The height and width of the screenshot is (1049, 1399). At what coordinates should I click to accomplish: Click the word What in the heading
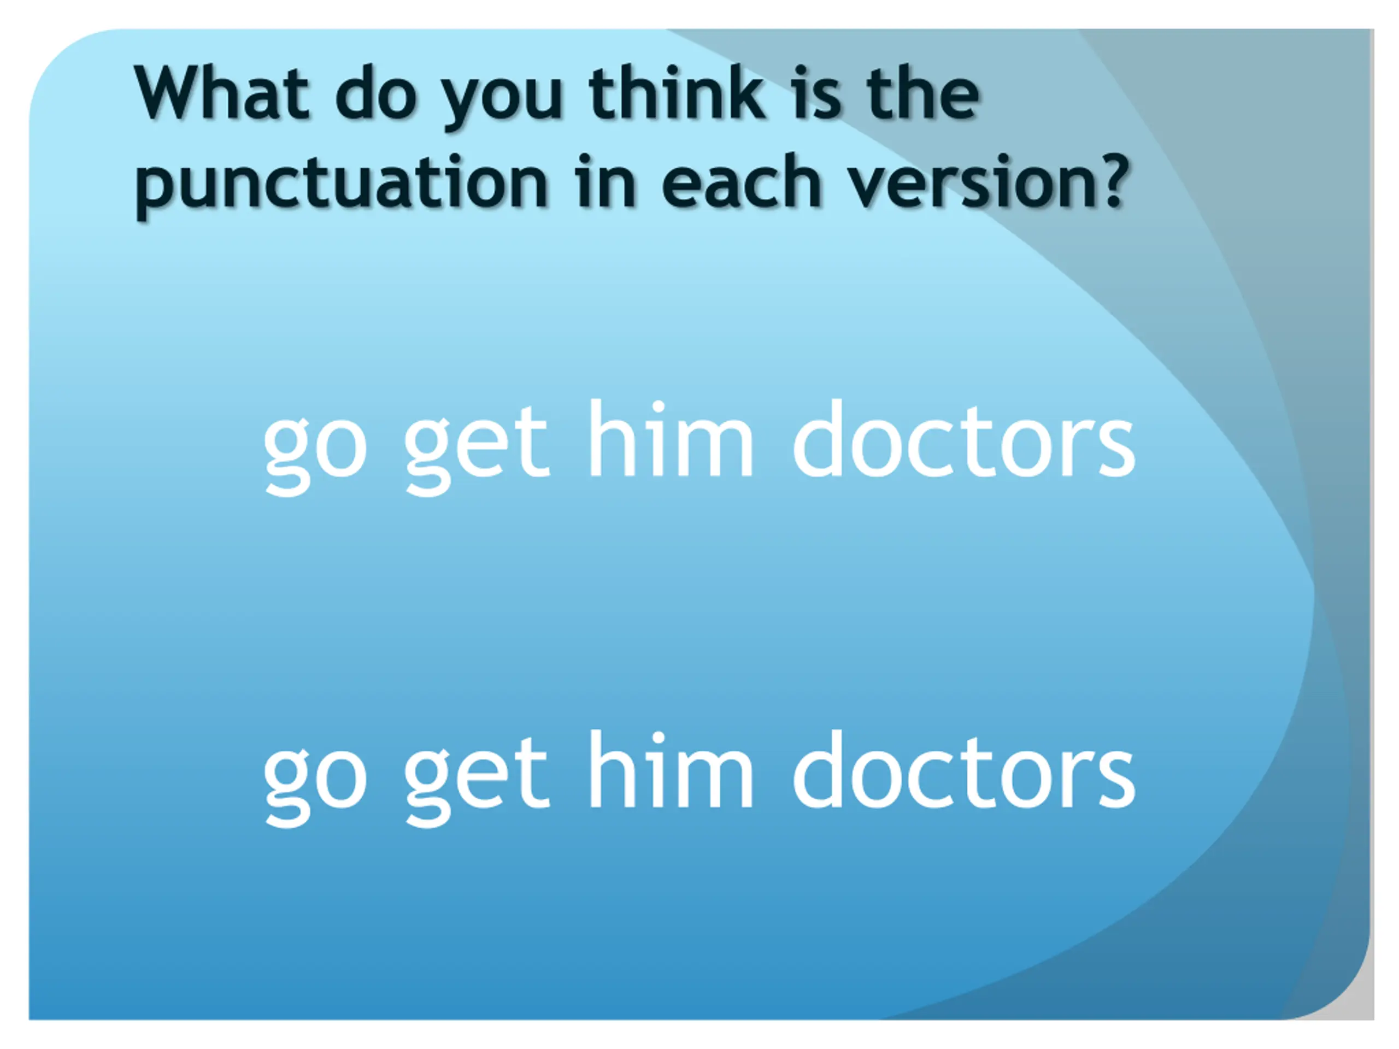pyautogui.click(x=222, y=93)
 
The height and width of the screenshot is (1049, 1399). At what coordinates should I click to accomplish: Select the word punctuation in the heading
pyautogui.click(x=342, y=184)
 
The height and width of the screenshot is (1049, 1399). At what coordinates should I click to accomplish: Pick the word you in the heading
pyautogui.click(x=502, y=101)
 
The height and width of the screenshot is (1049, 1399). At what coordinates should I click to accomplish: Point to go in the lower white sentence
pyautogui.click(x=315, y=779)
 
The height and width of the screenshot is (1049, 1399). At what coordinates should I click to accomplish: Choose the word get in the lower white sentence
pyautogui.click(x=476, y=779)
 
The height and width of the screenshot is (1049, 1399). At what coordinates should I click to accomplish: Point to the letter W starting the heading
pyautogui.click(x=171, y=93)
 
